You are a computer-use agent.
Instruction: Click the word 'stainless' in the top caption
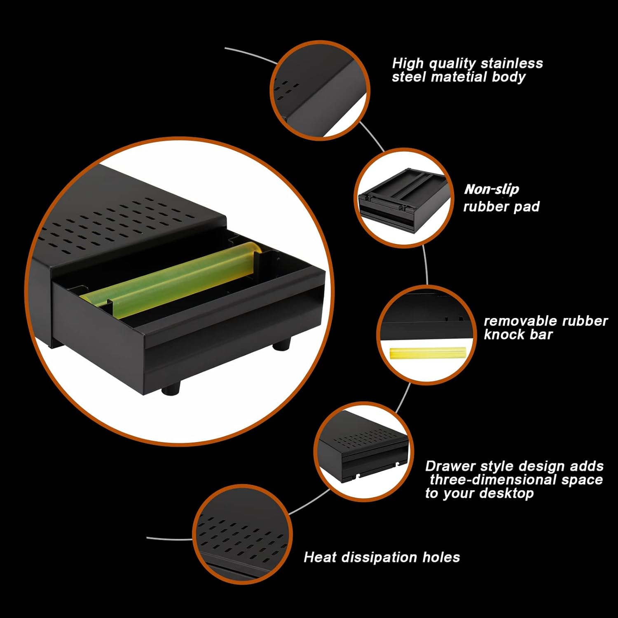pos(512,63)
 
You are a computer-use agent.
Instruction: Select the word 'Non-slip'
pos(492,189)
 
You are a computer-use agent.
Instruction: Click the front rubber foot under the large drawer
pos(171,388)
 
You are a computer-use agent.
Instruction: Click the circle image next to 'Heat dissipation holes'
pos(242,534)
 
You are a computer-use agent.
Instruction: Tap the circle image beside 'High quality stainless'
pos(320,90)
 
